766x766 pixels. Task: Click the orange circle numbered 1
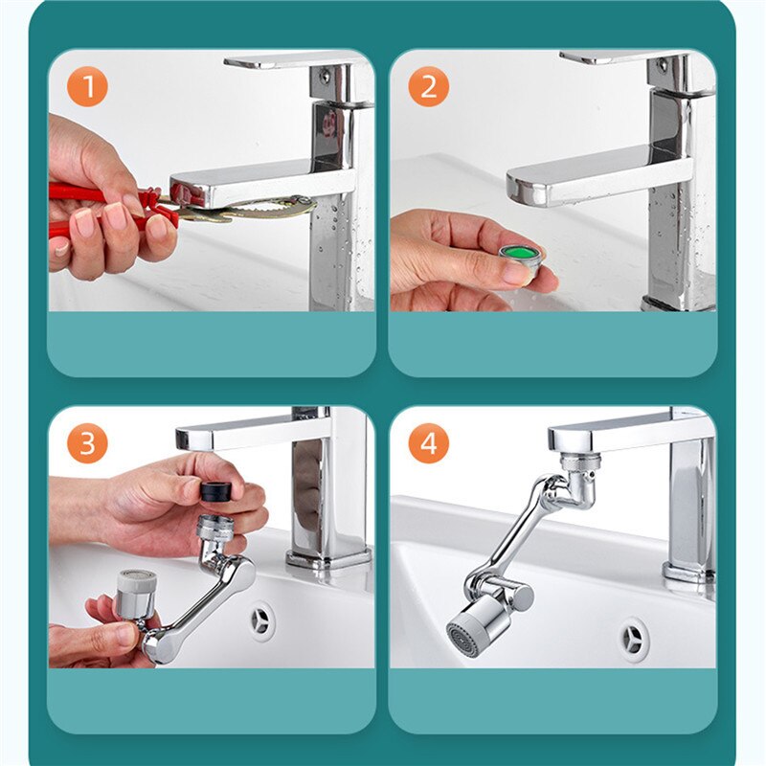[x=87, y=86]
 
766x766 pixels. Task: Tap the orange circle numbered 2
[x=428, y=86]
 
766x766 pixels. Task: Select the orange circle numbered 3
[x=87, y=443]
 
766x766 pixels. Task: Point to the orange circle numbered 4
[x=428, y=443]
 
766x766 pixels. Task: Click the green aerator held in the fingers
[x=520, y=259]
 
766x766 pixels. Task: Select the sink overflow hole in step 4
[x=634, y=640]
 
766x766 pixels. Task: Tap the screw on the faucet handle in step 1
[x=325, y=76]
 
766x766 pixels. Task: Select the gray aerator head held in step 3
[x=136, y=593]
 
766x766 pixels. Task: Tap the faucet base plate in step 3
[x=328, y=558]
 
